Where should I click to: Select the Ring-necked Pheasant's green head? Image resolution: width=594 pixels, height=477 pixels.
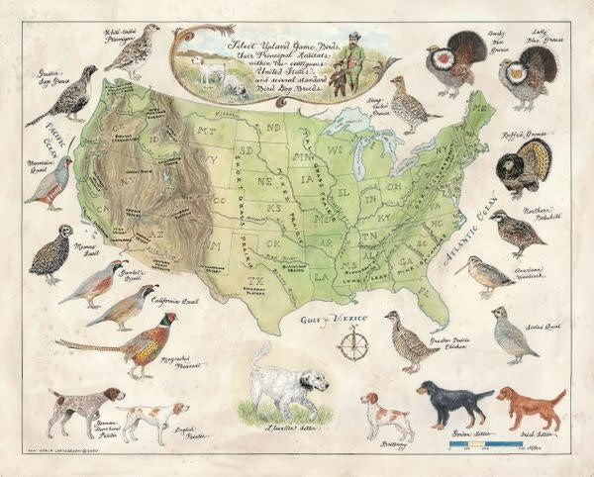(x=169, y=320)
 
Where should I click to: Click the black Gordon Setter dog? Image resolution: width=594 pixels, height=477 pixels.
(x=454, y=401)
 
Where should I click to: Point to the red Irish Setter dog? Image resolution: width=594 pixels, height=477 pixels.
(x=530, y=404)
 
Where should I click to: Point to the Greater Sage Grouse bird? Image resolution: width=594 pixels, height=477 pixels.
(x=69, y=96)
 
